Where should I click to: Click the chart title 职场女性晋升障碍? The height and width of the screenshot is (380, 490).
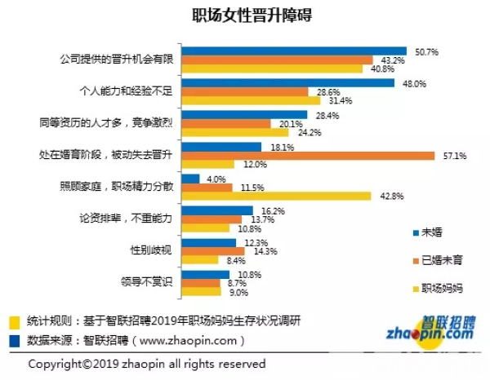point(244,15)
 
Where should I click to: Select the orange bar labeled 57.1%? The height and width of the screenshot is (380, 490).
point(309,155)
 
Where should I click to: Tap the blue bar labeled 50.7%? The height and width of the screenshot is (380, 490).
point(294,51)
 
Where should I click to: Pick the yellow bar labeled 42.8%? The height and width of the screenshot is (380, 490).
point(270,195)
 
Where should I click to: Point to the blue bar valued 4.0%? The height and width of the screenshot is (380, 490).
point(190,178)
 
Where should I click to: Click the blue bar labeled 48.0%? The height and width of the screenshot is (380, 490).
point(287,82)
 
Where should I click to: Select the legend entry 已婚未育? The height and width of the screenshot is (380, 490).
point(436,259)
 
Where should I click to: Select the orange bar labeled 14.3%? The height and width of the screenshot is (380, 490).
point(215,250)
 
